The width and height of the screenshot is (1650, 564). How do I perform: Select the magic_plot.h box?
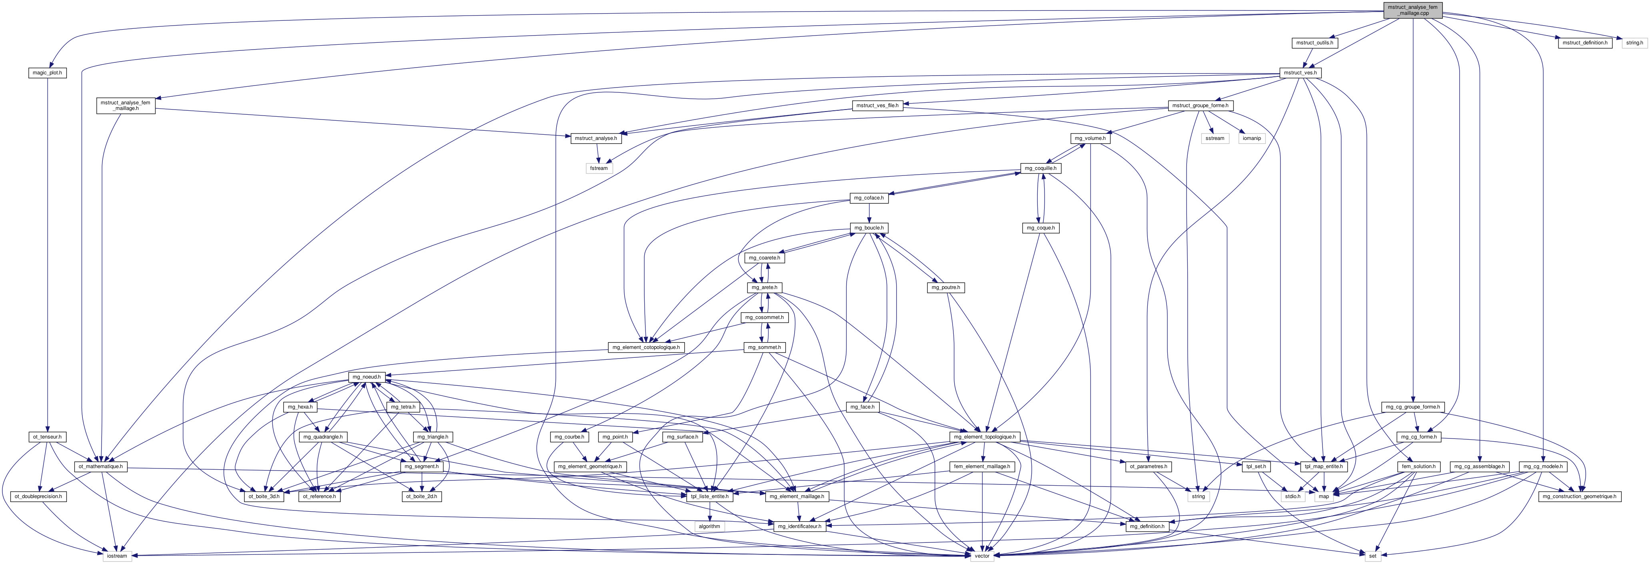click(48, 73)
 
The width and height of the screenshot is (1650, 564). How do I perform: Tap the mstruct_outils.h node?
click(1314, 43)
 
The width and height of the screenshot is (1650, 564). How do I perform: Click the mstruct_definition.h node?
click(1585, 43)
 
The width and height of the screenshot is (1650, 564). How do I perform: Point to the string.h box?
click(1634, 43)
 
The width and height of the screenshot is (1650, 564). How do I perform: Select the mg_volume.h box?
click(1090, 138)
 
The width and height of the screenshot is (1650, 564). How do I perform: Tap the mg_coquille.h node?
click(1040, 168)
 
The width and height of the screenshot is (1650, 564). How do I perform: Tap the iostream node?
click(117, 556)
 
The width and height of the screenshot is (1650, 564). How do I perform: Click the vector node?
click(981, 556)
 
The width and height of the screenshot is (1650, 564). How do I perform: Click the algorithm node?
click(709, 526)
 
